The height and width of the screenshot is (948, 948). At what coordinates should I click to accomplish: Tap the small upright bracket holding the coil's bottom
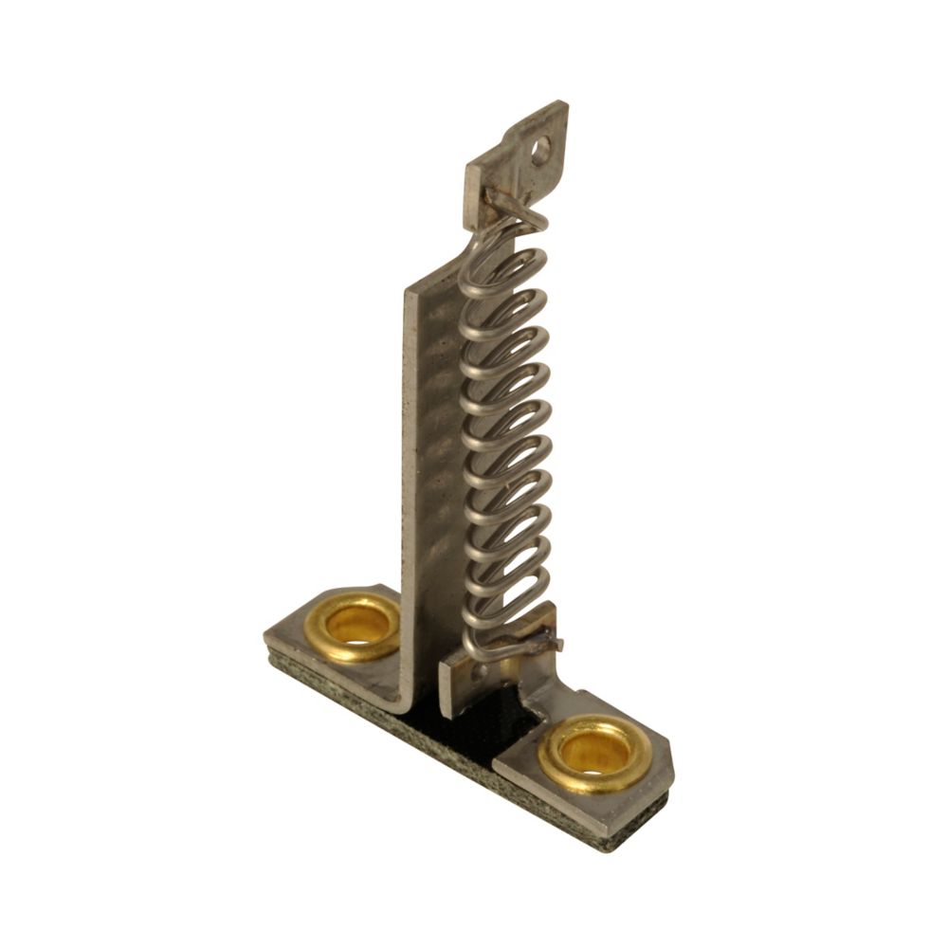click(x=465, y=678)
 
